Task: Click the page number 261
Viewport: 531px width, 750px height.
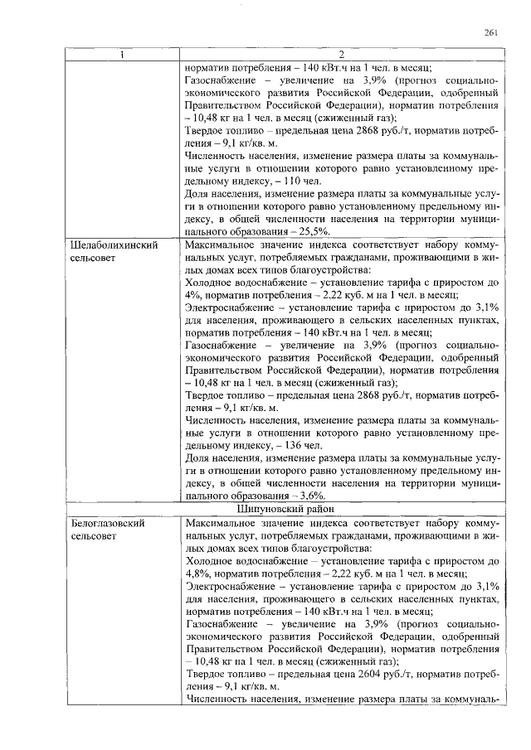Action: [490, 32]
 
